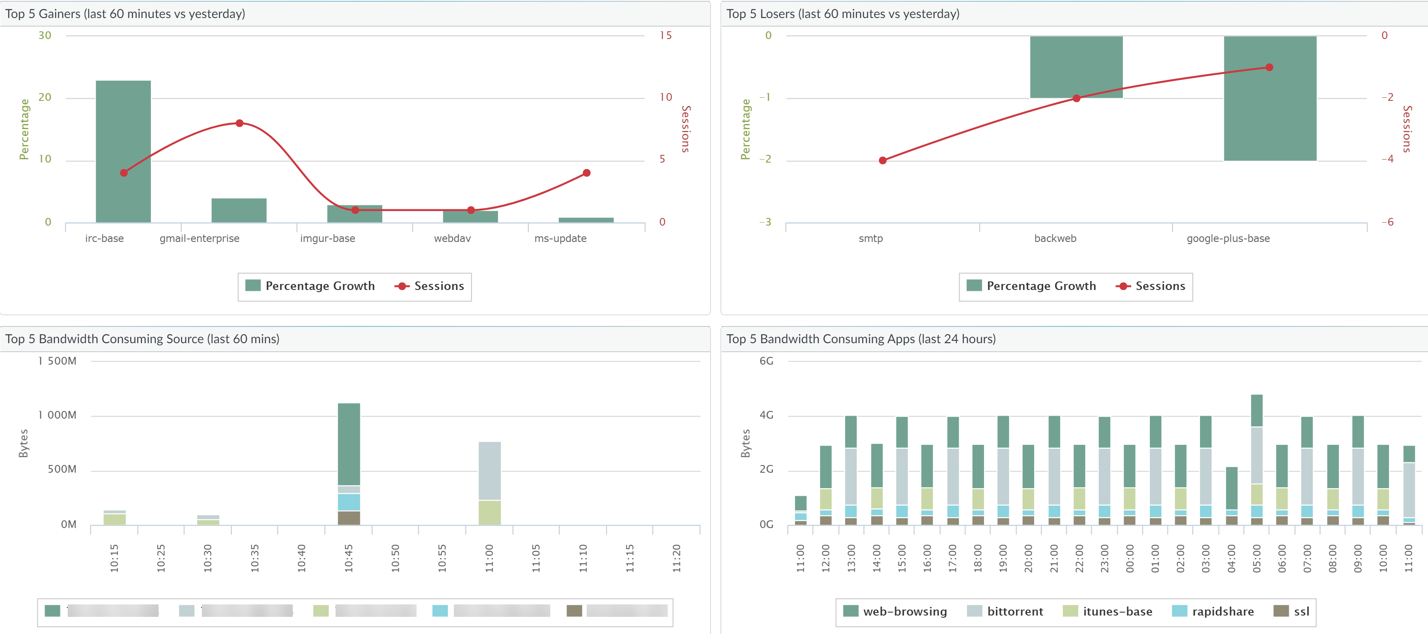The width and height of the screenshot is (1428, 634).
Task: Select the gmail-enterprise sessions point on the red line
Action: point(240,123)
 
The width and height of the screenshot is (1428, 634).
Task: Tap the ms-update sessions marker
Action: point(586,173)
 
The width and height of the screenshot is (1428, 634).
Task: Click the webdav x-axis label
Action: point(452,239)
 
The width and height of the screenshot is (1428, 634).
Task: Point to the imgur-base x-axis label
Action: point(327,239)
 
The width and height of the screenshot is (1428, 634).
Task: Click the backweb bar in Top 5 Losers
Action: point(1076,66)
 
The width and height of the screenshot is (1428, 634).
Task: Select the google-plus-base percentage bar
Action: point(1269,111)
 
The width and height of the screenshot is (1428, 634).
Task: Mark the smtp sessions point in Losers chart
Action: point(882,160)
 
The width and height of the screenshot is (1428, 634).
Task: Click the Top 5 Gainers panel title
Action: point(125,14)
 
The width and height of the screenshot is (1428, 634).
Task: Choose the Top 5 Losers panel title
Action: point(843,14)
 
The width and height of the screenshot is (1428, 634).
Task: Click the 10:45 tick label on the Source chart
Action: point(349,558)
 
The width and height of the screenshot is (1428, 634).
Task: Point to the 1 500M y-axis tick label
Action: point(58,361)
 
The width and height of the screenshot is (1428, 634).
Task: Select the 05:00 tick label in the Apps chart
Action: point(1257,558)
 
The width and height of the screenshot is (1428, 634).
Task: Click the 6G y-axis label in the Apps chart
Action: point(766,361)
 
